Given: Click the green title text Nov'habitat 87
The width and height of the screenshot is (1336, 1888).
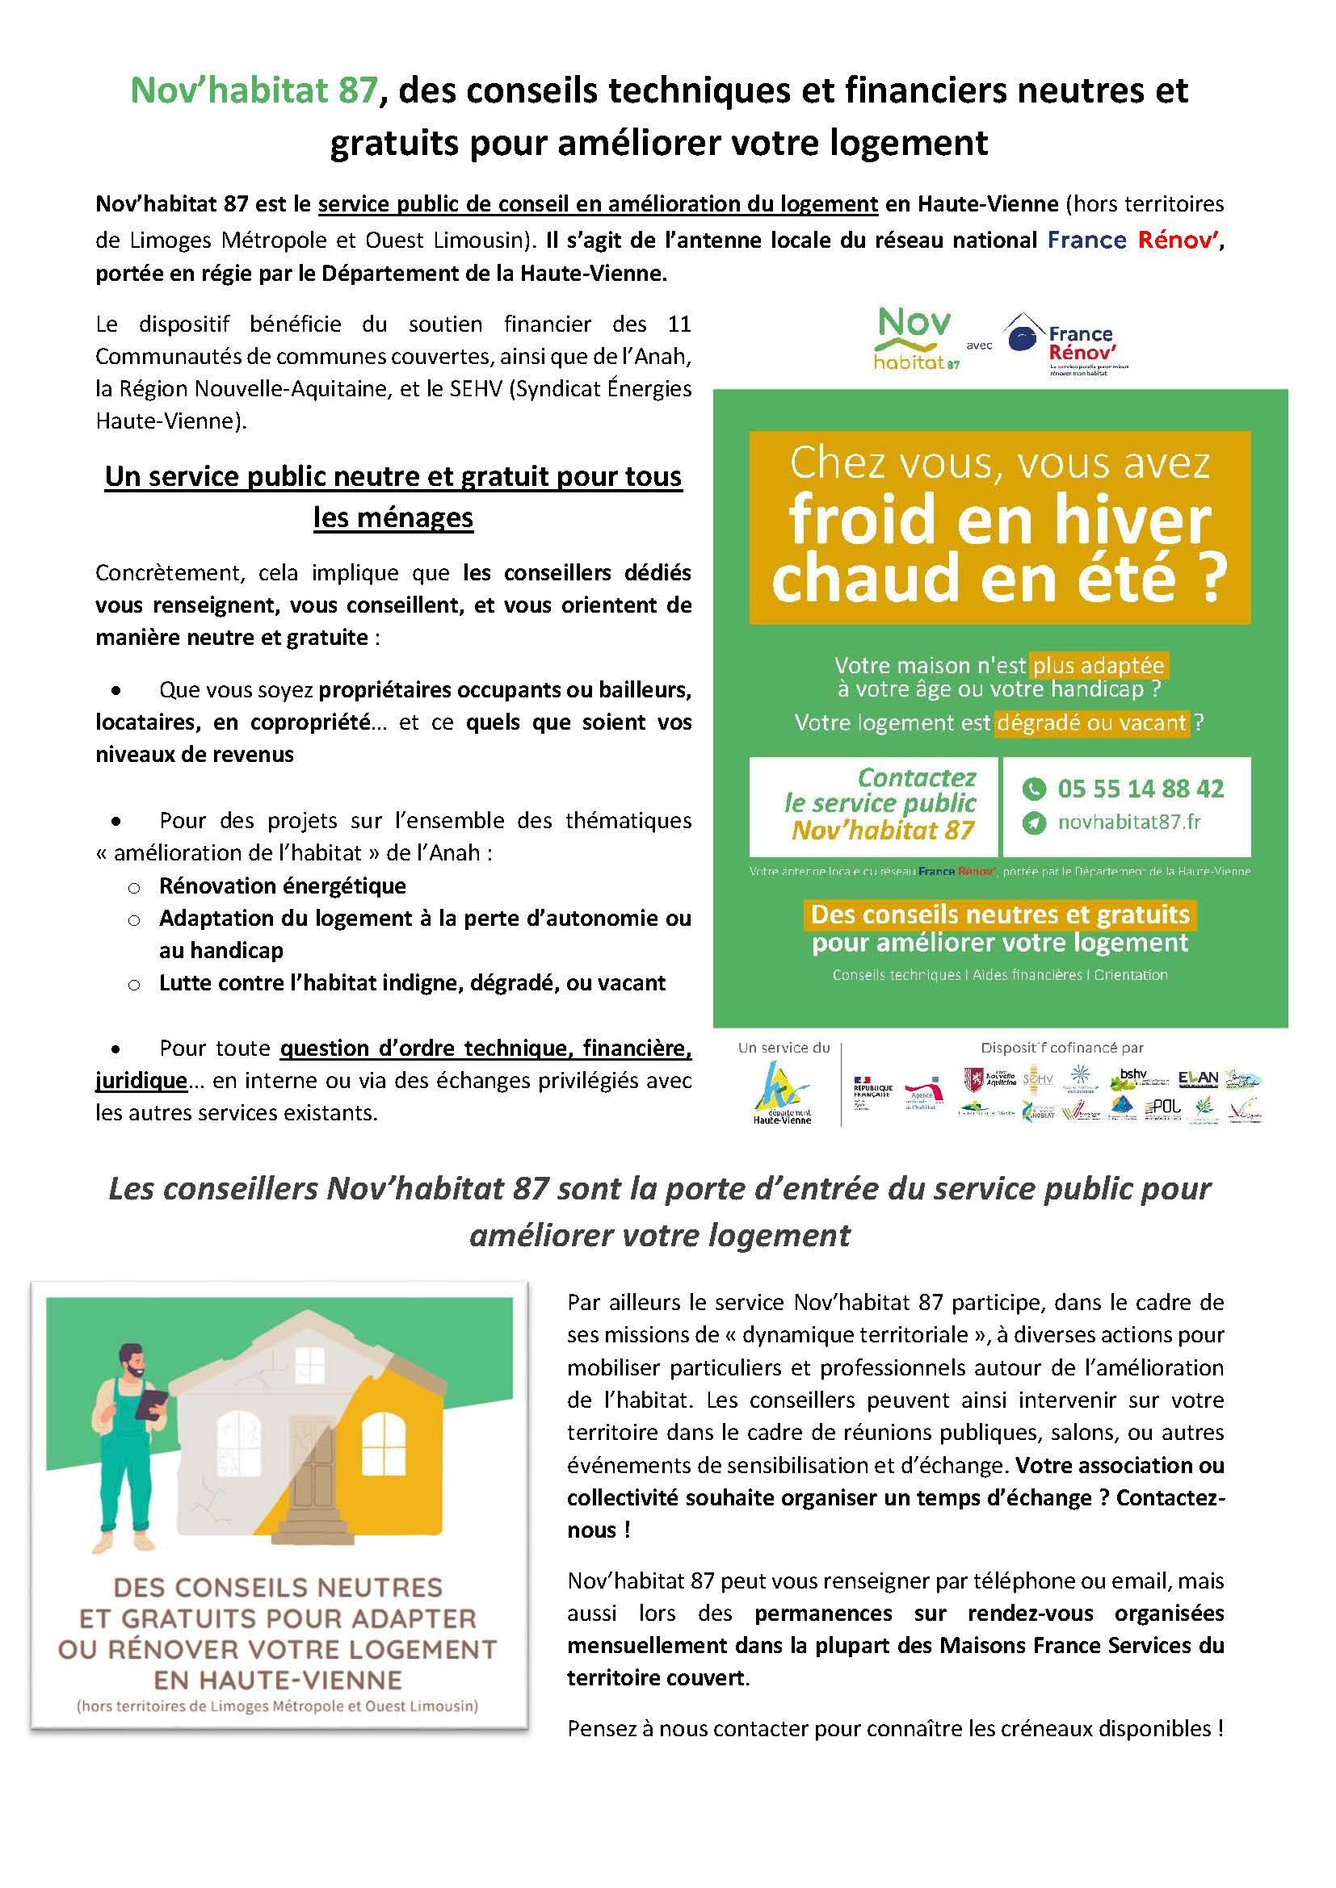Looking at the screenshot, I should [254, 90].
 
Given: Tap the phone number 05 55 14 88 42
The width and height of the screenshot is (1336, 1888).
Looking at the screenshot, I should [1141, 789].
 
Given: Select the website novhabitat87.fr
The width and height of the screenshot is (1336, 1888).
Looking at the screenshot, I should [1128, 823].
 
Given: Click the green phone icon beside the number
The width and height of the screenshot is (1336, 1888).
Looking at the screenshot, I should [1033, 789].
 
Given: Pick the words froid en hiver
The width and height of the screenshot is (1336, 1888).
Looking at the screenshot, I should [999, 520].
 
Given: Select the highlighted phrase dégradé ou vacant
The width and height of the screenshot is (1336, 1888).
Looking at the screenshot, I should [1092, 722].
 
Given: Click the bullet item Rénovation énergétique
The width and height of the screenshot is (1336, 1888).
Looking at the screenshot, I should [282, 885].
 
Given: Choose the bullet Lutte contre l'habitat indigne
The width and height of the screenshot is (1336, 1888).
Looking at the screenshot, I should [411, 982].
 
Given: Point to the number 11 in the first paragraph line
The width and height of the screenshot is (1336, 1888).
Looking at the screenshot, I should [679, 324].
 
